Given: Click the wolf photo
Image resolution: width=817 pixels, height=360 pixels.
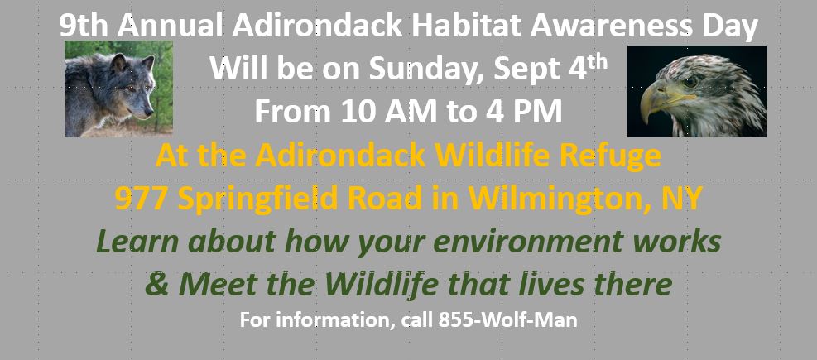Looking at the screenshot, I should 118,89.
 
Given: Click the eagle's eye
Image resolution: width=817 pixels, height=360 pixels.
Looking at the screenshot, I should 689,82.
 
